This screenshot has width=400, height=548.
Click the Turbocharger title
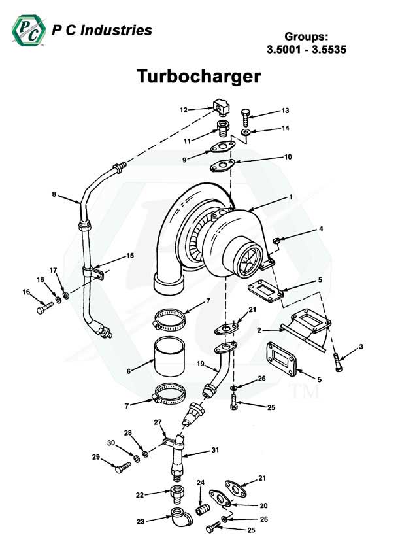pos(199,77)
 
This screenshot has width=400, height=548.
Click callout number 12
pos(184,110)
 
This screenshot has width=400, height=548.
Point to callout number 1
pos(290,197)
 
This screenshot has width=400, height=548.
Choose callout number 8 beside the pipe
pos(55,194)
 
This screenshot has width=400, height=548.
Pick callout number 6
pos(129,371)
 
